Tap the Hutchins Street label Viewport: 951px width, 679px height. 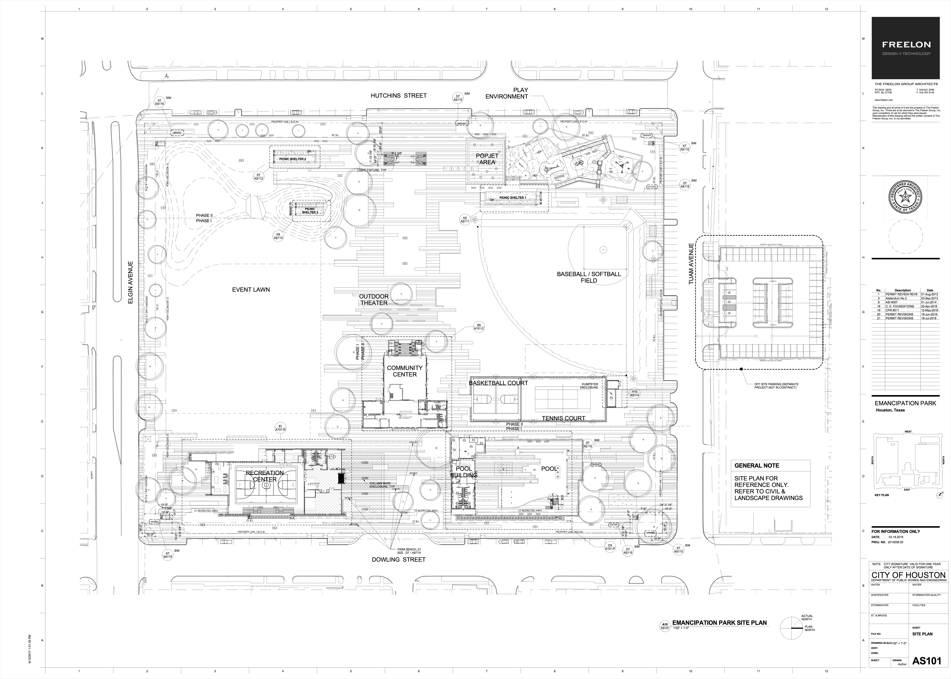tap(399, 96)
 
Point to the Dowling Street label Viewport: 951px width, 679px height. tap(399, 559)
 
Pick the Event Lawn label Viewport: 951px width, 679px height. tap(251, 289)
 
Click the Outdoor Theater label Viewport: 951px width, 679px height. tap(373, 299)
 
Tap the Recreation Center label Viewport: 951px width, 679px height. tap(265, 476)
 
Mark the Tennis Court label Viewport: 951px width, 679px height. tap(563, 418)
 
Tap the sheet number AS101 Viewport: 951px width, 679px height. tap(927, 661)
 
